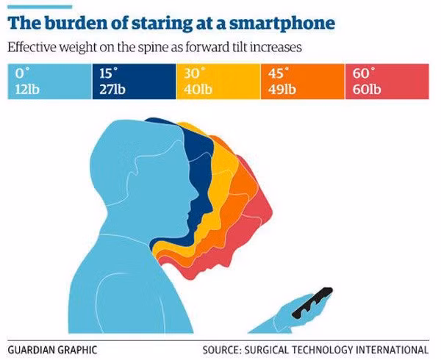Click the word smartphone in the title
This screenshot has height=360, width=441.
(284, 23)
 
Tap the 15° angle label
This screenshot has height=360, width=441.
(107, 75)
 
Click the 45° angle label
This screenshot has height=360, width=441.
(275, 75)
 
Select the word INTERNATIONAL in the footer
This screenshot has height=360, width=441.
(392, 348)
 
